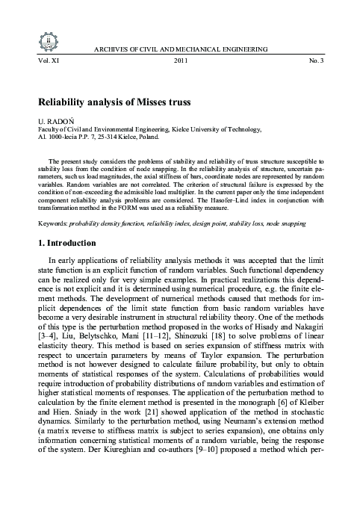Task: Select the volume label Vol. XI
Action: tap(37, 59)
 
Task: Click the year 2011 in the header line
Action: tap(181, 59)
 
